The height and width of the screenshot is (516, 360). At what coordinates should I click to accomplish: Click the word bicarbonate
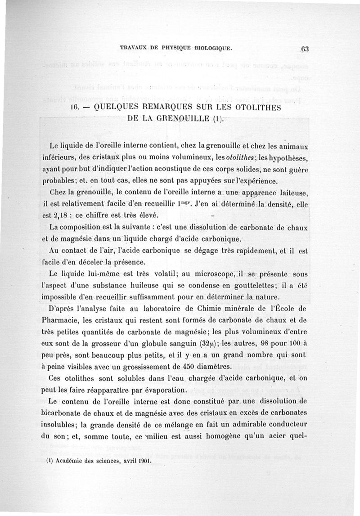73,413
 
